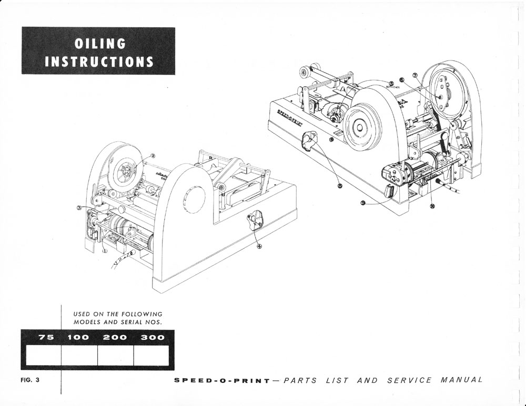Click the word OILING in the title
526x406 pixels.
92,44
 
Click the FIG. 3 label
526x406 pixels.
30,380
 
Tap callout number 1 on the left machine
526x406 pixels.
104,251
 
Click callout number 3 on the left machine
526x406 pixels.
79,208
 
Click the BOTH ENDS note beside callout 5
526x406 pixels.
393,88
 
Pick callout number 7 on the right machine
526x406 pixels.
414,75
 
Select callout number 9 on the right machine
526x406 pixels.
363,204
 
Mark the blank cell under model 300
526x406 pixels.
151,355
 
